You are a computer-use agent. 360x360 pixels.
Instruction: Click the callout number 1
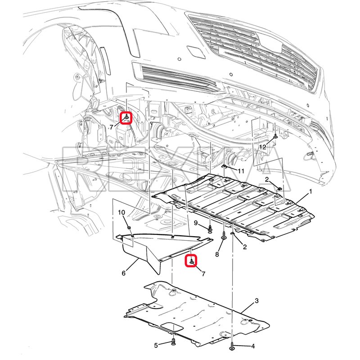pos(310,191)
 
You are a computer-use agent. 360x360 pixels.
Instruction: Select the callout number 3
pos(256,301)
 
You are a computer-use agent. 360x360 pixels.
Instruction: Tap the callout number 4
pos(253,346)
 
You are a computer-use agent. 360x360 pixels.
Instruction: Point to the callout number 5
pos(156,345)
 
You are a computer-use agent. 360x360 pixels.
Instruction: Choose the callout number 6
pos(123,273)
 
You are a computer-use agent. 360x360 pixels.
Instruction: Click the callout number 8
pos(217,254)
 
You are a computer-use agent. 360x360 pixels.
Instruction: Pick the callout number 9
pos(196,222)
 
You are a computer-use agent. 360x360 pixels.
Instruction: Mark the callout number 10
pos(121,212)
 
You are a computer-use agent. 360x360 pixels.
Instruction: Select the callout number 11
pos(241,171)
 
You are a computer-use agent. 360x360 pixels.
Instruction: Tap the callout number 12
pos(262,147)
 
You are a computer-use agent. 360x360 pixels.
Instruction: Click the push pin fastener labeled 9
pos(210,229)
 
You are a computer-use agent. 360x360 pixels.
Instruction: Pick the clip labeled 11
pos(224,166)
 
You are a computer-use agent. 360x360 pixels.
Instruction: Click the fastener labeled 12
pos(275,136)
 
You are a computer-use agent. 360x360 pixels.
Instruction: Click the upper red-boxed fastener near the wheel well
pos(126,118)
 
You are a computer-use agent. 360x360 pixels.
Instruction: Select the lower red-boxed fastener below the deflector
pos(191,261)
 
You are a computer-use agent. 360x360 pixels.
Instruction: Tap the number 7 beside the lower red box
pos(203,274)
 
